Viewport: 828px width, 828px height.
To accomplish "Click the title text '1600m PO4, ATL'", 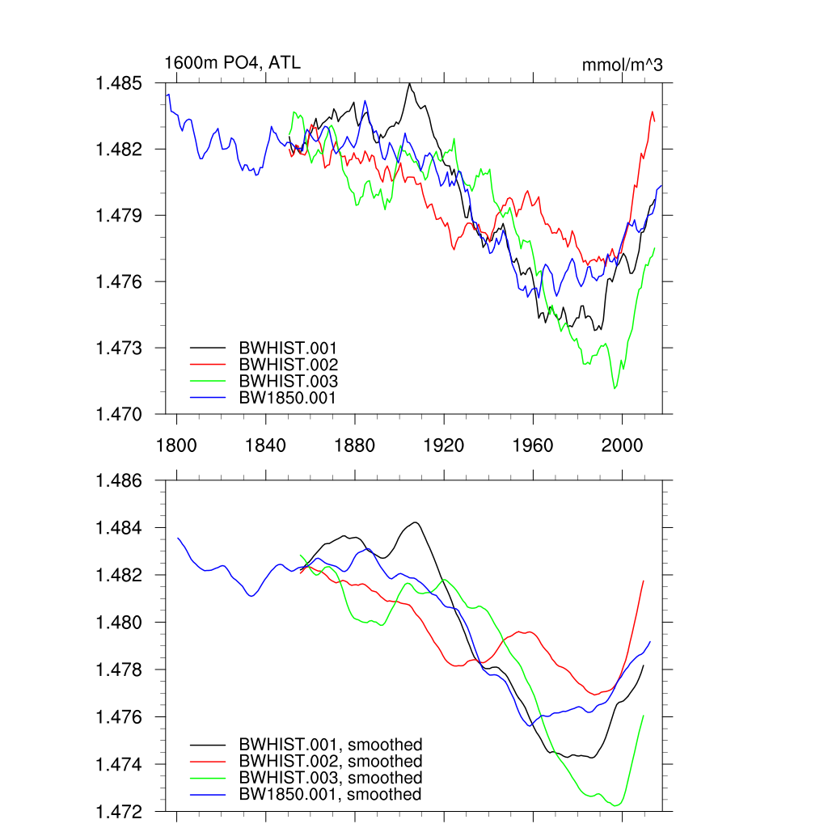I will (232, 62).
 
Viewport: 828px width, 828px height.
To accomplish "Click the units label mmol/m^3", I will (622, 65).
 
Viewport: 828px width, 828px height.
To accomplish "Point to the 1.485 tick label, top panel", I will (120, 83).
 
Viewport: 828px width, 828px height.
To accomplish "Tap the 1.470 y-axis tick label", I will (120, 414).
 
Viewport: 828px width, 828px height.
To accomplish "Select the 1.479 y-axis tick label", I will (120, 216).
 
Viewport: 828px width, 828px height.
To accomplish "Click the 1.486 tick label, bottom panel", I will (120, 481).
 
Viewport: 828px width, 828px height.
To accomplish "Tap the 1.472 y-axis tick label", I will (120, 811).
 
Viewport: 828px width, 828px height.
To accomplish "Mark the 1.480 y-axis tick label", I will (120, 623).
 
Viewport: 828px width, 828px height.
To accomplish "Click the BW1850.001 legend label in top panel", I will (287, 398).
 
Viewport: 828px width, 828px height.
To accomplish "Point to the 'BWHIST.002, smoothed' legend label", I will (330, 761).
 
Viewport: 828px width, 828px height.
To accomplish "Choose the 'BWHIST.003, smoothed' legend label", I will (330, 778).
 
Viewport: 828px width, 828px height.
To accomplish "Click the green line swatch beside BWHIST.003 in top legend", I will (207, 381).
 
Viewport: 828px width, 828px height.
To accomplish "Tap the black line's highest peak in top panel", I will (409, 83).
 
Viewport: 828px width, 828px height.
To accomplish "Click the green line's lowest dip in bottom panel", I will (617, 805).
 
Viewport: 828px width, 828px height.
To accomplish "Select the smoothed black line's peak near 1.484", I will (415, 522).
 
